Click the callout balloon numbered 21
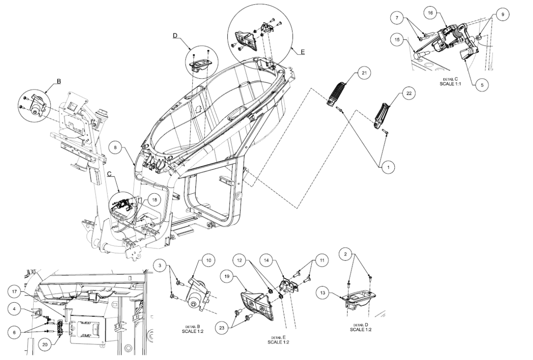364,73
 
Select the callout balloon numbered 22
409,93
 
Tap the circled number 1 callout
388,168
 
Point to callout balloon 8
115,148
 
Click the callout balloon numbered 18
155,200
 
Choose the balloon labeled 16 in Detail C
430,13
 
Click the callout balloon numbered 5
482,85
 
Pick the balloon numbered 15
397,40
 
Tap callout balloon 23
222,328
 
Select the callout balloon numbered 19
227,276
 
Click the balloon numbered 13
322,292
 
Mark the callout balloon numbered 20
45,344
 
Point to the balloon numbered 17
15,292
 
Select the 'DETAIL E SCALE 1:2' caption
278,340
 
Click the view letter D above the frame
175,36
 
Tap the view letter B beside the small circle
59,81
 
